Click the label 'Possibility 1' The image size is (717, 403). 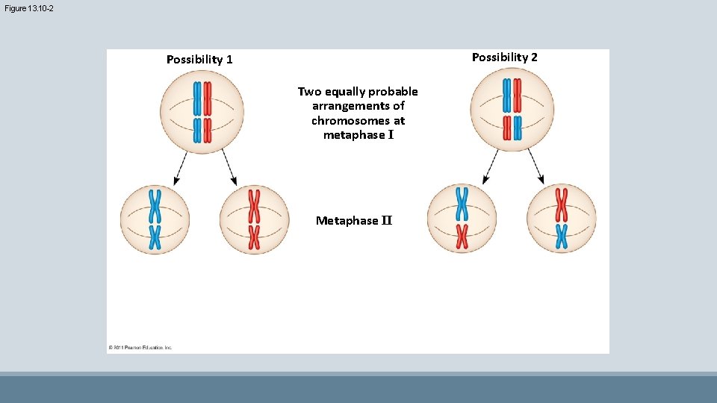pyautogui.click(x=199, y=59)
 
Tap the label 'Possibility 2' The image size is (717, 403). pyautogui.click(x=505, y=57)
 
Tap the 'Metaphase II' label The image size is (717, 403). pyautogui.click(x=354, y=221)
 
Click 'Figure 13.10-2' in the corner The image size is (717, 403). pyautogui.click(x=28, y=8)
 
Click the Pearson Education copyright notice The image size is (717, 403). pyautogui.click(x=141, y=347)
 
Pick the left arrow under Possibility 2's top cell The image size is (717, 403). pyautogui.click(x=491, y=166)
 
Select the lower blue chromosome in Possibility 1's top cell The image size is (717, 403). pyautogui.click(x=198, y=130)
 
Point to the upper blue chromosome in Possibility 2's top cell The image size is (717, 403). pyautogui.click(x=507, y=95)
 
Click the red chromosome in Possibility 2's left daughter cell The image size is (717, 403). pyautogui.click(x=462, y=236)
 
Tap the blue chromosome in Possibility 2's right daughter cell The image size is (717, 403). pyautogui.click(x=561, y=236)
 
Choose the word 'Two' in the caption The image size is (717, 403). pyautogui.click(x=309, y=92)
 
